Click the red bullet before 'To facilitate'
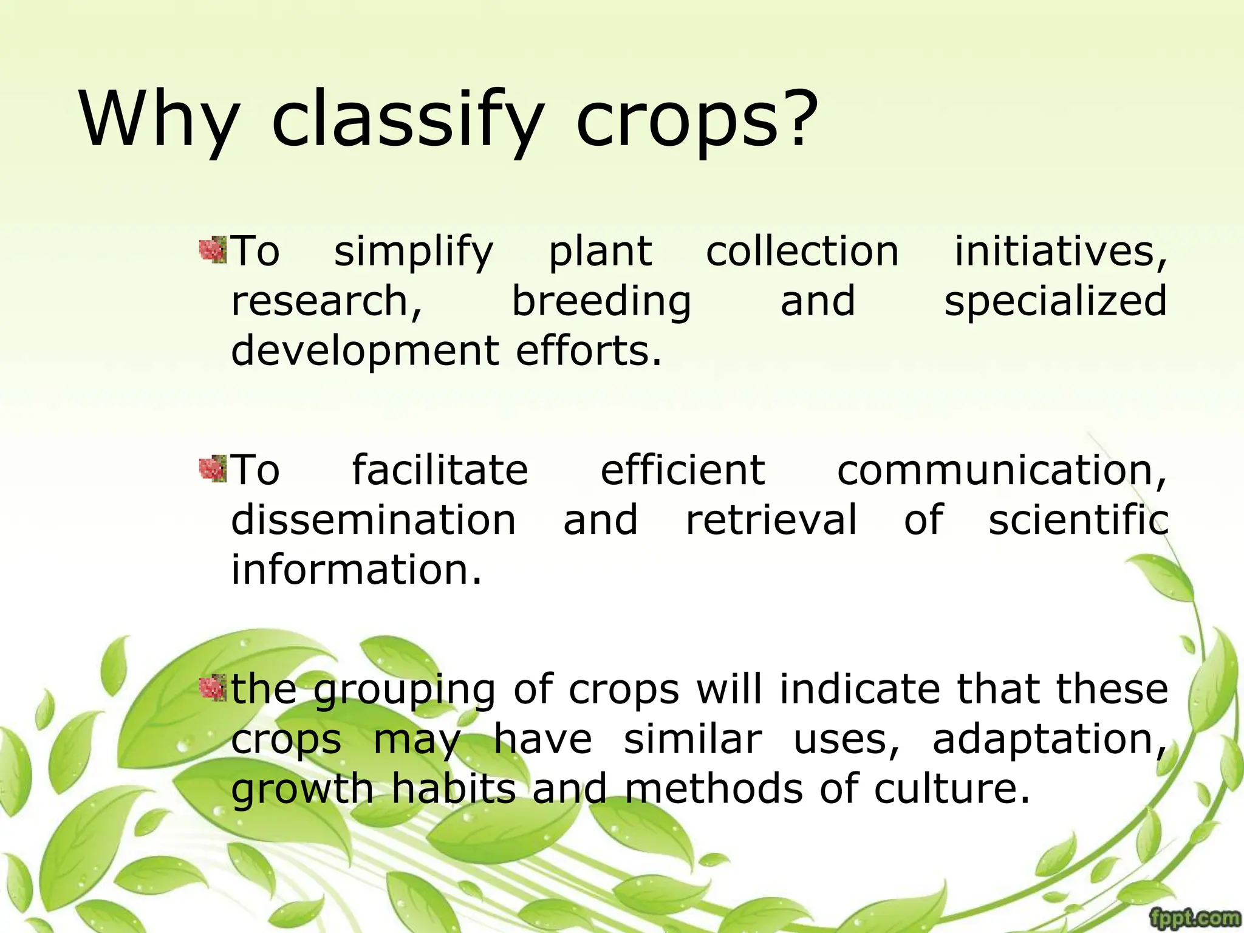213,469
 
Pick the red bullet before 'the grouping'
213,688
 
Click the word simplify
414,252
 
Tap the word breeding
601,302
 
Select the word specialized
1055,302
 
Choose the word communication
1002,470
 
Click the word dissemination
374,520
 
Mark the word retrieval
771,520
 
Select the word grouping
405,691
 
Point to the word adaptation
1049,740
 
